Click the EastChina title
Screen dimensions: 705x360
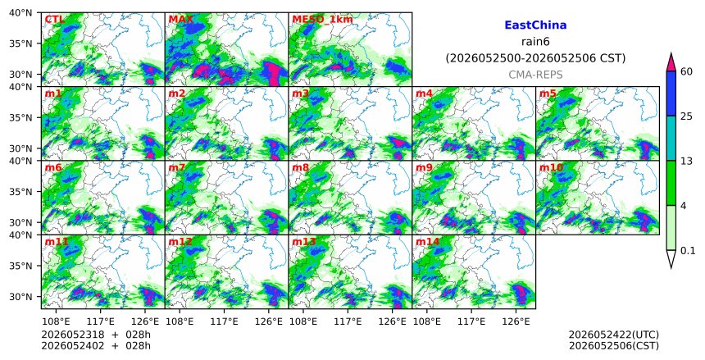(x=535, y=25)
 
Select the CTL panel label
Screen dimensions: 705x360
(x=54, y=20)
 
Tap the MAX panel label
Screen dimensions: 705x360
(x=180, y=20)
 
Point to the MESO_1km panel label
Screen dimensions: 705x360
(x=322, y=20)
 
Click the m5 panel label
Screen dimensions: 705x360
(x=548, y=93)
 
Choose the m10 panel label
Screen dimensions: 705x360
(x=551, y=167)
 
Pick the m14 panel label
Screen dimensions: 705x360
(x=427, y=242)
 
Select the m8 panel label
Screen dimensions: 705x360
(x=300, y=167)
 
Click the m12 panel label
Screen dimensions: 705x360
(x=180, y=242)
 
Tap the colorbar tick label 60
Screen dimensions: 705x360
(x=687, y=71)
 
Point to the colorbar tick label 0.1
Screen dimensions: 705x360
(x=688, y=251)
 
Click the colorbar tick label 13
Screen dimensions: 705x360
(x=686, y=161)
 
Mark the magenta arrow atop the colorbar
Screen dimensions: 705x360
(x=671, y=62)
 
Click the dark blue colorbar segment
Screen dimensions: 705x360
(x=671, y=93)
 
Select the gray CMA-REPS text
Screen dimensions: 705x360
(x=535, y=75)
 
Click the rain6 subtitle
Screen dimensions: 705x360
(x=535, y=42)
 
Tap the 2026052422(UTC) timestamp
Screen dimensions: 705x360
(x=614, y=335)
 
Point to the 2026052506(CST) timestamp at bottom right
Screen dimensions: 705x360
(x=614, y=345)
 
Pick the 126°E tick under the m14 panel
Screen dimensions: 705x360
(x=516, y=321)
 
